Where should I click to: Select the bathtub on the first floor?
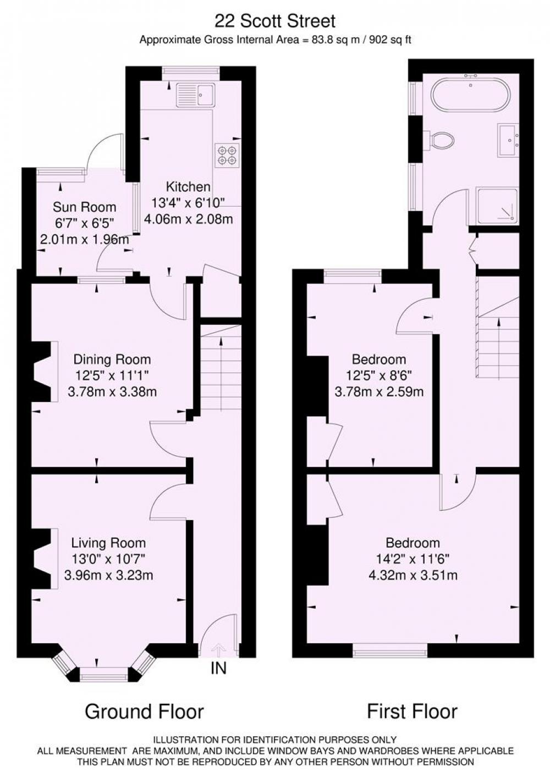[471, 95]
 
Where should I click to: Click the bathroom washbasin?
[508, 140]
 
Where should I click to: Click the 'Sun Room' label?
[85, 207]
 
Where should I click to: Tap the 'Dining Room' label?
[112, 359]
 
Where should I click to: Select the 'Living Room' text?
[108, 543]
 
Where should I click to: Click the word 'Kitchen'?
[188, 187]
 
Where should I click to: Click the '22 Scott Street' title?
[275, 21]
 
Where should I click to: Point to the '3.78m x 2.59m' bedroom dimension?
[379, 392]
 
